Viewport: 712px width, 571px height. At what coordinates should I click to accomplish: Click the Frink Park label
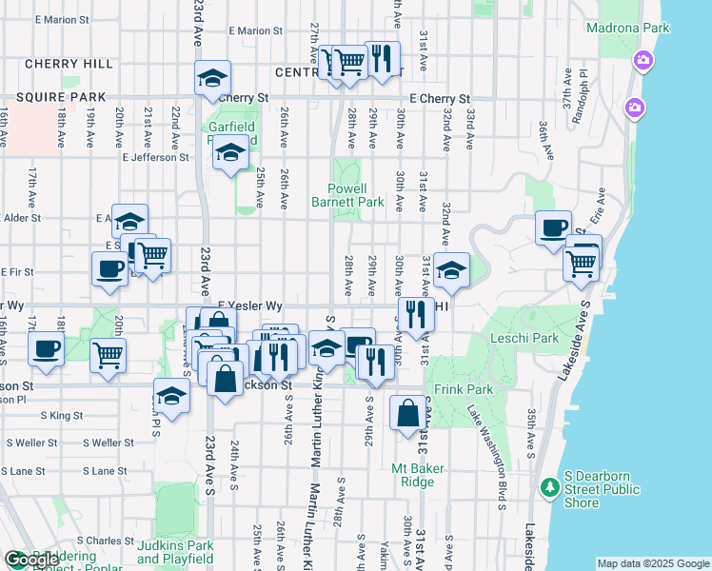pos(464,389)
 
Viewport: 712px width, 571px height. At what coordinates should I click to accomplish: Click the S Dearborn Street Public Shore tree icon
pos(549,488)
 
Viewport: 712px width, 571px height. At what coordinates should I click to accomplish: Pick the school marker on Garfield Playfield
pos(230,152)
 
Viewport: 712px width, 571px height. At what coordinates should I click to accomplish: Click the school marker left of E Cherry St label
pos(212,77)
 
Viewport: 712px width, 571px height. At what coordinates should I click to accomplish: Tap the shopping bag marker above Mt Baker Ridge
pos(407,413)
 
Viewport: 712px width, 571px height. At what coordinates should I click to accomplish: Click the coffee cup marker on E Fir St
pos(110,267)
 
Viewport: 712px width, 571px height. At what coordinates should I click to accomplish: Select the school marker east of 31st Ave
pos(452,270)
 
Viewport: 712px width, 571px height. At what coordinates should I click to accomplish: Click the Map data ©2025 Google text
pos(653,563)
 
